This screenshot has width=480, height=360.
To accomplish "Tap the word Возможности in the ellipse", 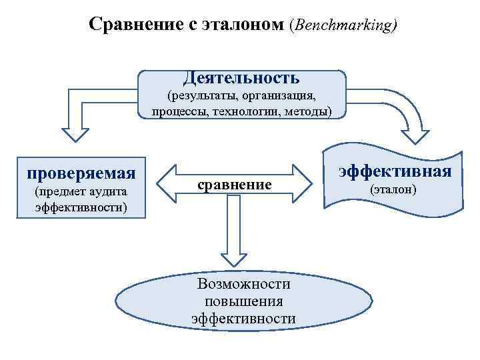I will [244, 284].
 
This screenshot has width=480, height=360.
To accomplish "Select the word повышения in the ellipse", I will [244, 301].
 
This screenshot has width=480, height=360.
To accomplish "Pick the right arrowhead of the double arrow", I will [303, 184].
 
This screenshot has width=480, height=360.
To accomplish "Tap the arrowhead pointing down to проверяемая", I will [75, 133].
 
